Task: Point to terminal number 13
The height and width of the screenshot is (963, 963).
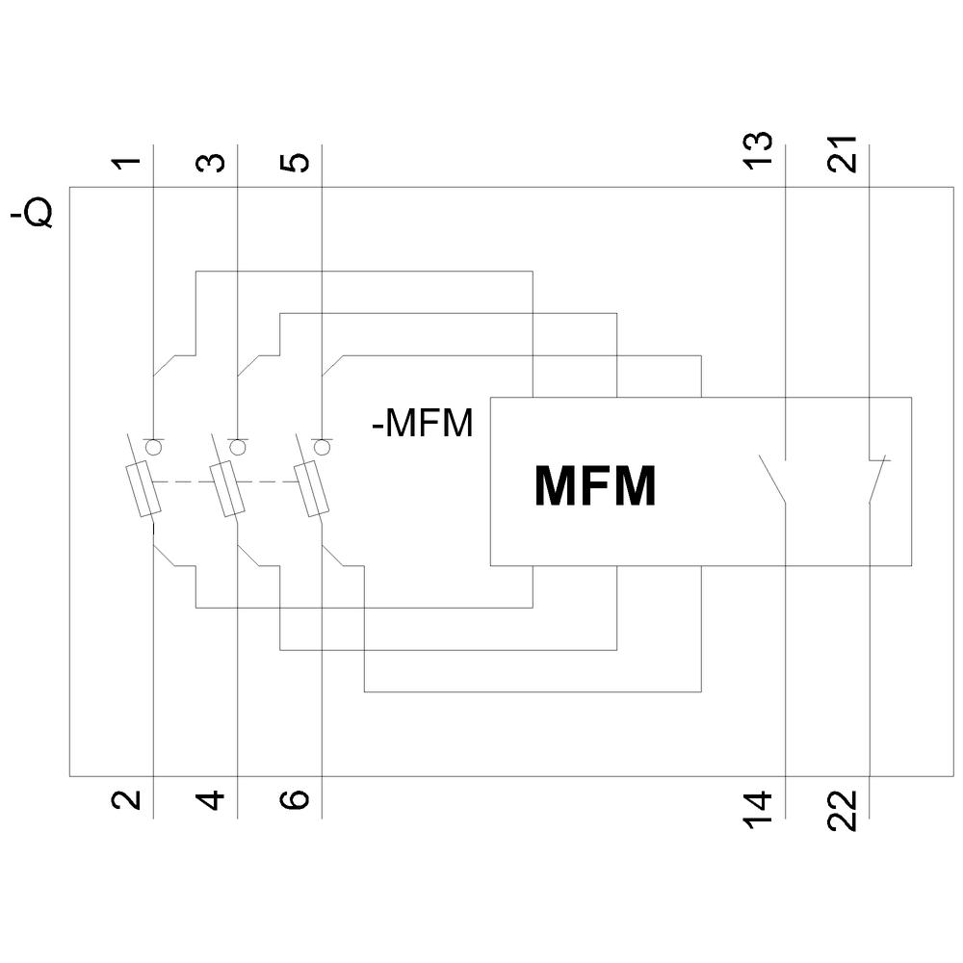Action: click(x=758, y=150)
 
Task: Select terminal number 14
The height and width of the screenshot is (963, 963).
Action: click(x=758, y=805)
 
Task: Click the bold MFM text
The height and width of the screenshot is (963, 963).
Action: click(x=595, y=486)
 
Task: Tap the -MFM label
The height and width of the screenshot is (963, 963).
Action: click(x=423, y=424)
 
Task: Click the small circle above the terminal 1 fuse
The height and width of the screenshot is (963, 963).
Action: click(x=153, y=446)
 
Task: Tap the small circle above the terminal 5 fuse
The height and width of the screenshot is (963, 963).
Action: click(x=322, y=446)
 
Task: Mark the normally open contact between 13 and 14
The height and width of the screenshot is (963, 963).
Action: click(x=774, y=479)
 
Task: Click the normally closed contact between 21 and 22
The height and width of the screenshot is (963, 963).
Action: click(x=876, y=479)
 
